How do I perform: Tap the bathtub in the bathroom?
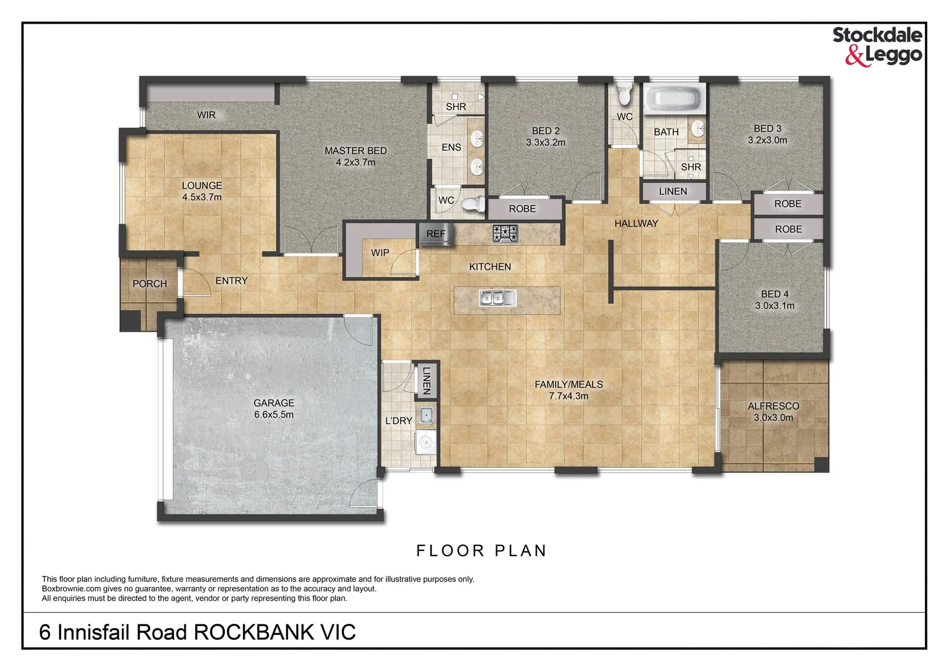coord(674,99)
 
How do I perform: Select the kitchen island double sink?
coord(497,298)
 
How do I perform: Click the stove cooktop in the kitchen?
coord(505,234)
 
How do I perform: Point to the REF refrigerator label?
coord(435,234)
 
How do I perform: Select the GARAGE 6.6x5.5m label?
coord(274,409)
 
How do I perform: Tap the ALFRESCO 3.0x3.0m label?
coord(773,412)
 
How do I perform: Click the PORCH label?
coord(150,284)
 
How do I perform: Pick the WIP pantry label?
coord(380,253)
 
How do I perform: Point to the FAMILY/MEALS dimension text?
coord(568,396)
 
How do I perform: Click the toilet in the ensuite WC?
coord(475,203)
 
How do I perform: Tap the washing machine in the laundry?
coord(425,442)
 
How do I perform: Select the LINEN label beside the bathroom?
coord(673,191)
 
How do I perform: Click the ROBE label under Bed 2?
coord(522,209)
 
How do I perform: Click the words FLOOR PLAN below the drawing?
coord(481,551)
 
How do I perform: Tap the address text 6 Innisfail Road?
coord(112,632)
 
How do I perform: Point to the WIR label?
coord(206,115)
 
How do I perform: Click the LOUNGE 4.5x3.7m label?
coord(202,191)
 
